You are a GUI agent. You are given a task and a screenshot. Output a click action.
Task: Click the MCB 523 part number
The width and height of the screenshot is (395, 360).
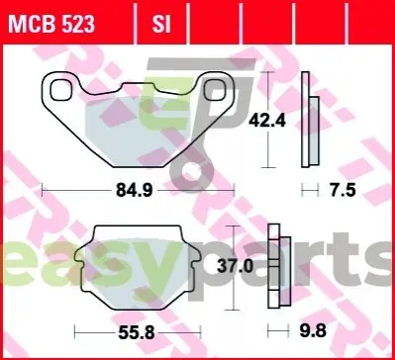(x=51, y=24)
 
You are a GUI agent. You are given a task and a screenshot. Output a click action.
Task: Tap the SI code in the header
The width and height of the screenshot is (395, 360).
(x=161, y=24)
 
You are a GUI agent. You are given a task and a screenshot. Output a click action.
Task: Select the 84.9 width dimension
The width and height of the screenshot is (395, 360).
(x=135, y=191)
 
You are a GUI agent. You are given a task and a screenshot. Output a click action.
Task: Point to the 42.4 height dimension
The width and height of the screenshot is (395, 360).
(x=267, y=121)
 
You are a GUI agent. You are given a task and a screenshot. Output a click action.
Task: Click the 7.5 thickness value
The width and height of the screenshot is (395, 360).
(x=344, y=191)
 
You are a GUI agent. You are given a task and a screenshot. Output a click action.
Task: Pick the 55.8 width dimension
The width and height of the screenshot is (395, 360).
(x=137, y=332)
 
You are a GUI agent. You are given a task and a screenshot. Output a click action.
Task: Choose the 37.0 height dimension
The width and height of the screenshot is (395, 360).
(x=236, y=266)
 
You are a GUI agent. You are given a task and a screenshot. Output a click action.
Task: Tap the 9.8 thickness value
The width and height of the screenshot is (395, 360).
(x=314, y=330)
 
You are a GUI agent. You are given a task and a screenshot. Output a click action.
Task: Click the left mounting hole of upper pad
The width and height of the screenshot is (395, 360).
(x=60, y=90)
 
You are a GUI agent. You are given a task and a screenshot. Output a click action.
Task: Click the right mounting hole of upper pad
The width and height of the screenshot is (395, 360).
(x=215, y=90)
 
